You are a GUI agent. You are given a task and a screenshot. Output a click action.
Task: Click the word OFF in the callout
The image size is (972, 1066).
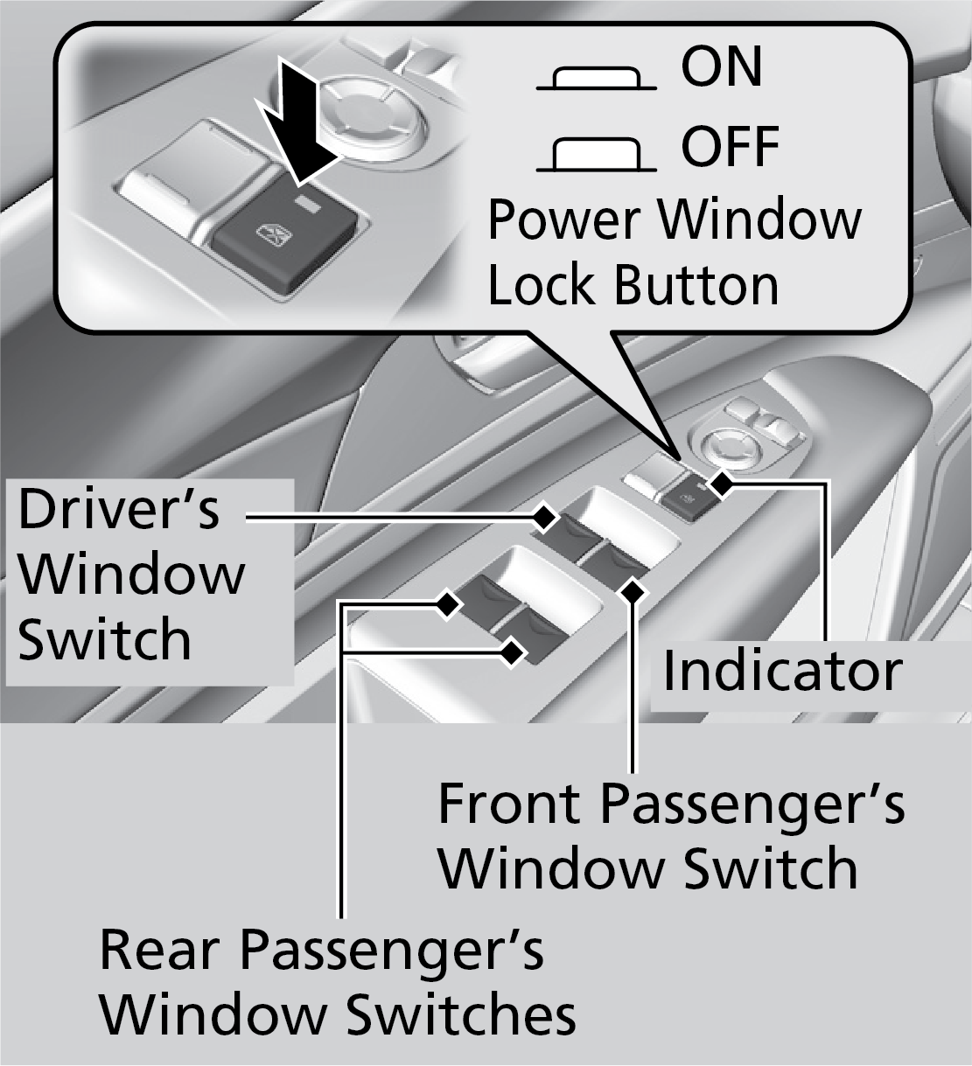(x=730, y=146)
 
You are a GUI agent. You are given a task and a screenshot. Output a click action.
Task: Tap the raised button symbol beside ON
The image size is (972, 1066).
(x=596, y=80)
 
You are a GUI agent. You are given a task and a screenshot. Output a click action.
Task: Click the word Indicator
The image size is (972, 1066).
(x=781, y=671)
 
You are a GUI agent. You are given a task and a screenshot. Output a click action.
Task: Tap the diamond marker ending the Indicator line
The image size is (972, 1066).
(x=722, y=484)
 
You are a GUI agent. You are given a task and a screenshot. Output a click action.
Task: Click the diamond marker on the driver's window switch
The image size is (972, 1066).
(x=545, y=518)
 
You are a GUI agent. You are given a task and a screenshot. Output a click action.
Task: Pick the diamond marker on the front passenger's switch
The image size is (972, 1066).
(x=633, y=593)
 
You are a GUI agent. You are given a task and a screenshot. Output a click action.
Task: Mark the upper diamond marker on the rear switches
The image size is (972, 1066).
(x=448, y=603)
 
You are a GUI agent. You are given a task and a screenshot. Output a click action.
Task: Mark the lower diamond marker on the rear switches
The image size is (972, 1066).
(x=512, y=652)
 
